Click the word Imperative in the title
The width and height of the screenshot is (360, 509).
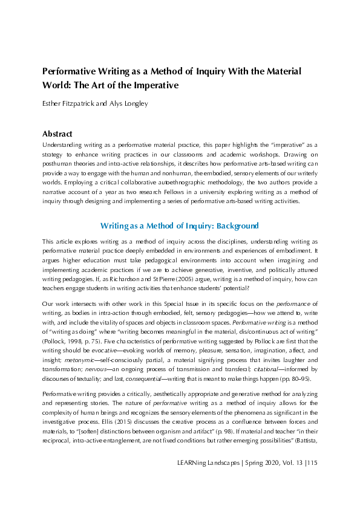point(153,85)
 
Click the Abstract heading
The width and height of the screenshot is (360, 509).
point(57,134)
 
